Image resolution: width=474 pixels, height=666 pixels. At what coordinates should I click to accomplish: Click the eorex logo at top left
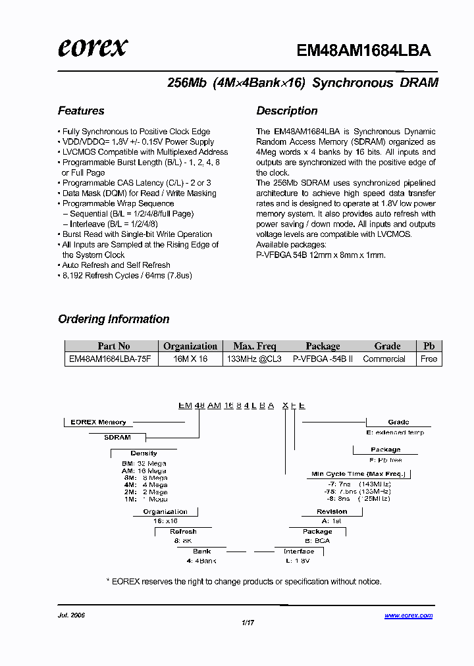[x=92, y=48]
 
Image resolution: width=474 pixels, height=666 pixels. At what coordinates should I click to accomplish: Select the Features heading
[x=81, y=111]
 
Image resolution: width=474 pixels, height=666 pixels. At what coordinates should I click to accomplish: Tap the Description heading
[x=287, y=111]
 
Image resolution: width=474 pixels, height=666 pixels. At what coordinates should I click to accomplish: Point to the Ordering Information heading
[x=114, y=319]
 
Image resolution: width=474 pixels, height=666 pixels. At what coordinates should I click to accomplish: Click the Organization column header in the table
[x=190, y=346]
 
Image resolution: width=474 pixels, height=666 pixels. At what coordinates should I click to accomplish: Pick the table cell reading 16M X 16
[x=190, y=359]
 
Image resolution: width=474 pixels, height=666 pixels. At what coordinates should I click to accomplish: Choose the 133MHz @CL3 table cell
[x=254, y=359]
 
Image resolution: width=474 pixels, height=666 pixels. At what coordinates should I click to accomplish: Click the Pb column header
[x=429, y=346]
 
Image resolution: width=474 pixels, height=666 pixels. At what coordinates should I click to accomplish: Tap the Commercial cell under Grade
[x=384, y=359]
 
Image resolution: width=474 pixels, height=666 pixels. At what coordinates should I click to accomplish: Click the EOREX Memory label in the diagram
[x=98, y=423]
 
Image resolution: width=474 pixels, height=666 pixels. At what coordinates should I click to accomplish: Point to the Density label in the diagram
[x=144, y=453]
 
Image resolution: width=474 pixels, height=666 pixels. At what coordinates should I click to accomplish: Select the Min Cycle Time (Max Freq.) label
[x=359, y=474]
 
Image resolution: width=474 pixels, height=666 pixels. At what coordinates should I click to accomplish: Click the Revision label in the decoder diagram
[x=332, y=511]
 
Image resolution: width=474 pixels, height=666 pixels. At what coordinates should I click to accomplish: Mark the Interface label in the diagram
[x=299, y=551]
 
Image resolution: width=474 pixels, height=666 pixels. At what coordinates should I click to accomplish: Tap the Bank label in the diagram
[x=201, y=551]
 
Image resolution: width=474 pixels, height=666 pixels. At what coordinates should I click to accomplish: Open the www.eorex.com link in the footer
[x=408, y=616]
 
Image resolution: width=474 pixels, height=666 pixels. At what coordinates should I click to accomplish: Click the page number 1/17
[x=248, y=623]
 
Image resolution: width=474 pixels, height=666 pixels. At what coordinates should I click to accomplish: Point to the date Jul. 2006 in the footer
[x=72, y=616]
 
